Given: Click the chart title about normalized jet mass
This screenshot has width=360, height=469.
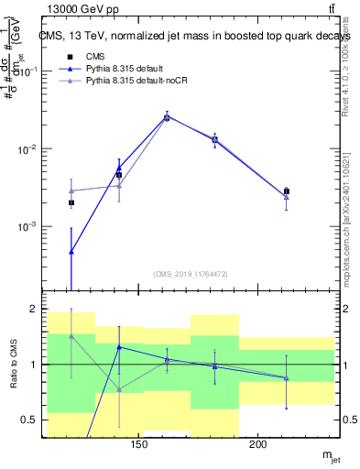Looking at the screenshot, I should coord(192,36).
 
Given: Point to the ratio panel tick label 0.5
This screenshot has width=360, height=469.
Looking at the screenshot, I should coord(28,420).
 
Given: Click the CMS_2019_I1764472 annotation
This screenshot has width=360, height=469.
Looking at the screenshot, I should coord(191,274).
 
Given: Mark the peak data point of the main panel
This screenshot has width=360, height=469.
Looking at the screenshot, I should coord(167,117).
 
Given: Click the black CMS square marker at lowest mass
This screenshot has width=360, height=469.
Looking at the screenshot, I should coord(71,202).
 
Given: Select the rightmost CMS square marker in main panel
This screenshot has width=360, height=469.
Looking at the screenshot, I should coord(286,191).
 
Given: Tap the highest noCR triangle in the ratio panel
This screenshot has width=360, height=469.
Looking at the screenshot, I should coord(71,336).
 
